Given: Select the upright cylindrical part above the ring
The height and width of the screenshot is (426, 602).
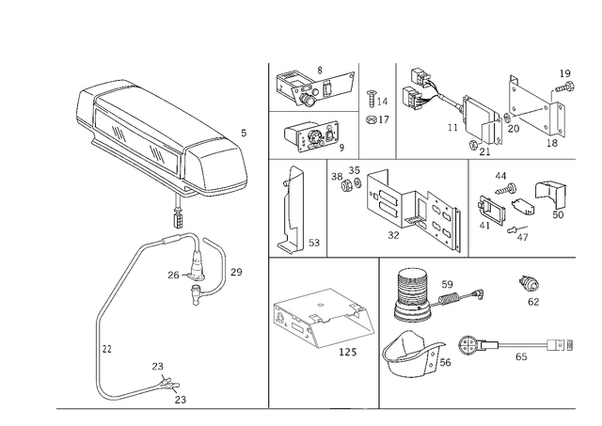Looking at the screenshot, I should pyautogui.click(x=408, y=292).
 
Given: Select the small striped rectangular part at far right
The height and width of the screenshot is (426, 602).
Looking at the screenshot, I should pyautogui.click(x=561, y=345).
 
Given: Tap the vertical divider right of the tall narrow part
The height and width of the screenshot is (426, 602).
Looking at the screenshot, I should pyautogui.click(x=324, y=207).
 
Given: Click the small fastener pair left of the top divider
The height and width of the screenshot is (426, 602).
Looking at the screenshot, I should pyautogui.click(x=374, y=106).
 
